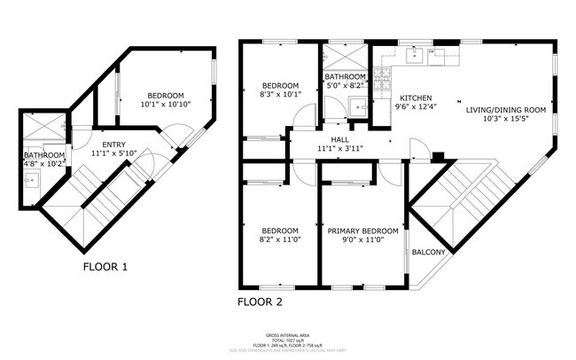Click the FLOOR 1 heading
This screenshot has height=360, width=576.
[105, 266]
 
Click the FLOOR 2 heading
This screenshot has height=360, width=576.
[260, 301]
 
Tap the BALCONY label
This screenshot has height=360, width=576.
[428, 253]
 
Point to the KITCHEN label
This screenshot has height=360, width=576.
[416, 98]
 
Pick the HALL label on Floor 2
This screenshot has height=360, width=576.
[340, 139]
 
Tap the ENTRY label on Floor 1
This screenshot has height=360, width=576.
[113, 145]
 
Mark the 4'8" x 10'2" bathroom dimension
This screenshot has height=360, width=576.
[44, 163]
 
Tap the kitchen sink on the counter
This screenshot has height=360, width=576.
[413, 56]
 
